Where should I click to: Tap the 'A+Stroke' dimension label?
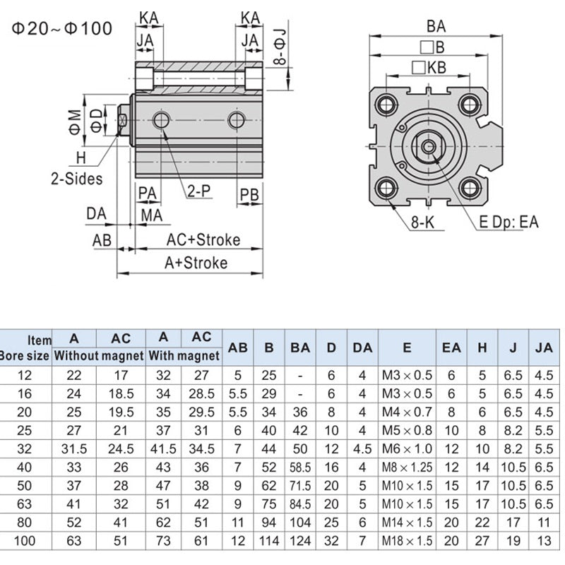coord(196,263)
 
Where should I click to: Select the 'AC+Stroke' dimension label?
coord(203,239)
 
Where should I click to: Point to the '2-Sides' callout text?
coord(76,178)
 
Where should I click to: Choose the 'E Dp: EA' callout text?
coord(509,222)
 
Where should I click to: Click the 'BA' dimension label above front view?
coord(436,26)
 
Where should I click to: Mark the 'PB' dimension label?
coord(249,193)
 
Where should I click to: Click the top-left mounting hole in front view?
coord(386,105)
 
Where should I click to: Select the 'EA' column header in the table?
coord(451,347)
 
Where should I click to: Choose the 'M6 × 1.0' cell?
coord(406,448)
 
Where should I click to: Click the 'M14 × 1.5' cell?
coord(406,522)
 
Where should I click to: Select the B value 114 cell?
coord(269,540)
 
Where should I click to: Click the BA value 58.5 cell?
coord(299,467)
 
